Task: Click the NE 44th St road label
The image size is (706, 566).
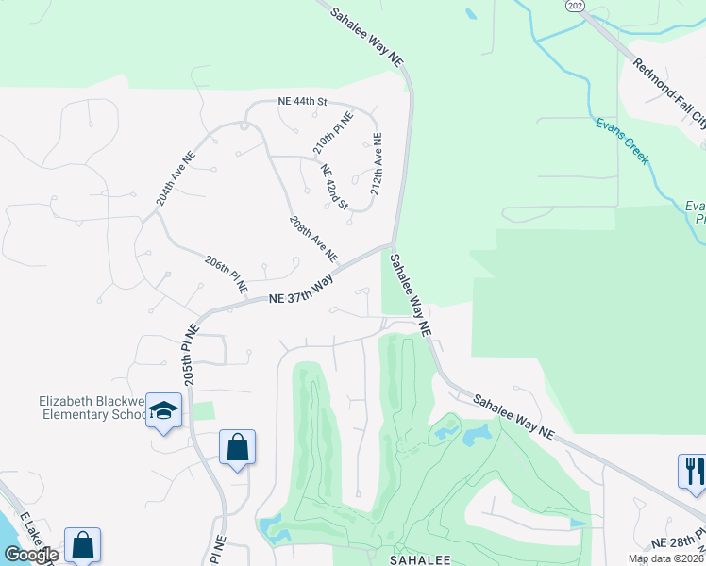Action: click(301, 100)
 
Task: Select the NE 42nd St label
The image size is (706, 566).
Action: click(335, 187)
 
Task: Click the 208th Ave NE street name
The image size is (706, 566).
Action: click(313, 238)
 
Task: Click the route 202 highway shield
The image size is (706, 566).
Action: click(574, 6)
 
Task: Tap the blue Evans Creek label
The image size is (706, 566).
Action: click(622, 141)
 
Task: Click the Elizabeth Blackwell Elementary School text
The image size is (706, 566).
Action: click(92, 408)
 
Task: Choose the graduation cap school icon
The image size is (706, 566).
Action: click(163, 411)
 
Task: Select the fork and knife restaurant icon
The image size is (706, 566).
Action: click(692, 470)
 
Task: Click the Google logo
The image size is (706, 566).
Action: click(31, 555)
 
